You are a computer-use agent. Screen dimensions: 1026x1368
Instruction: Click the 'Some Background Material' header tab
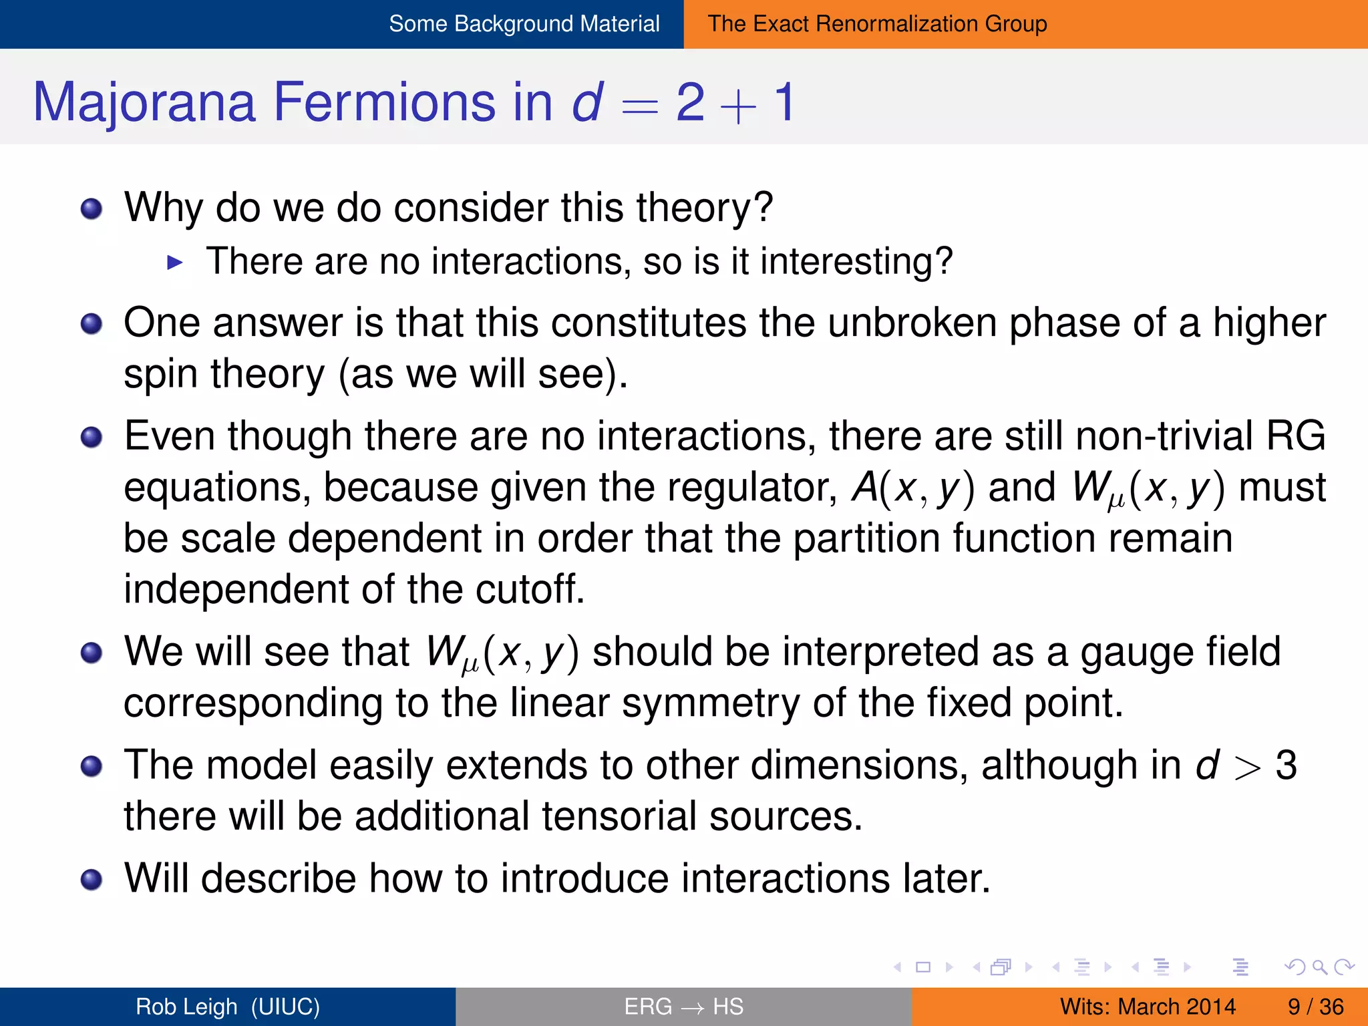tap(524, 24)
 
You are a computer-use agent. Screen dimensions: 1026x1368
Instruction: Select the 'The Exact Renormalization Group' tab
tap(877, 24)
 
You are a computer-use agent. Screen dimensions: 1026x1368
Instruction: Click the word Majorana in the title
tap(144, 102)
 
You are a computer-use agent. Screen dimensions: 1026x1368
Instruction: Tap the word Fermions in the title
tap(385, 102)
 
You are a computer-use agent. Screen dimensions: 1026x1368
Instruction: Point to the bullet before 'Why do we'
tap(92, 209)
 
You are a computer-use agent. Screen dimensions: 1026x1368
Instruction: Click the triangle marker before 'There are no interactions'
tap(175, 263)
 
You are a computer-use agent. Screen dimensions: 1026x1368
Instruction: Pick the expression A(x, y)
tap(912, 488)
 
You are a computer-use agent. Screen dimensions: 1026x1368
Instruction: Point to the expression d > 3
tap(1245, 765)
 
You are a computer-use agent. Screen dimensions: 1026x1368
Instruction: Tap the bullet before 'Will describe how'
tap(92, 880)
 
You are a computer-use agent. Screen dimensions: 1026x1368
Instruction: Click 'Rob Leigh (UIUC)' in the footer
tap(228, 1007)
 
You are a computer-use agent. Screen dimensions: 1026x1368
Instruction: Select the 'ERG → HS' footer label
tap(683, 1007)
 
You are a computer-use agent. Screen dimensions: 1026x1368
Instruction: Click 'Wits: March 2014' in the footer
tap(1148, 1007)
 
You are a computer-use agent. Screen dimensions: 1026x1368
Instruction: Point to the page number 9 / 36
tap(1315, 1007)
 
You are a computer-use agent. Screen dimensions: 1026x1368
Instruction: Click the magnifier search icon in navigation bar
tap(1319, 967)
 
